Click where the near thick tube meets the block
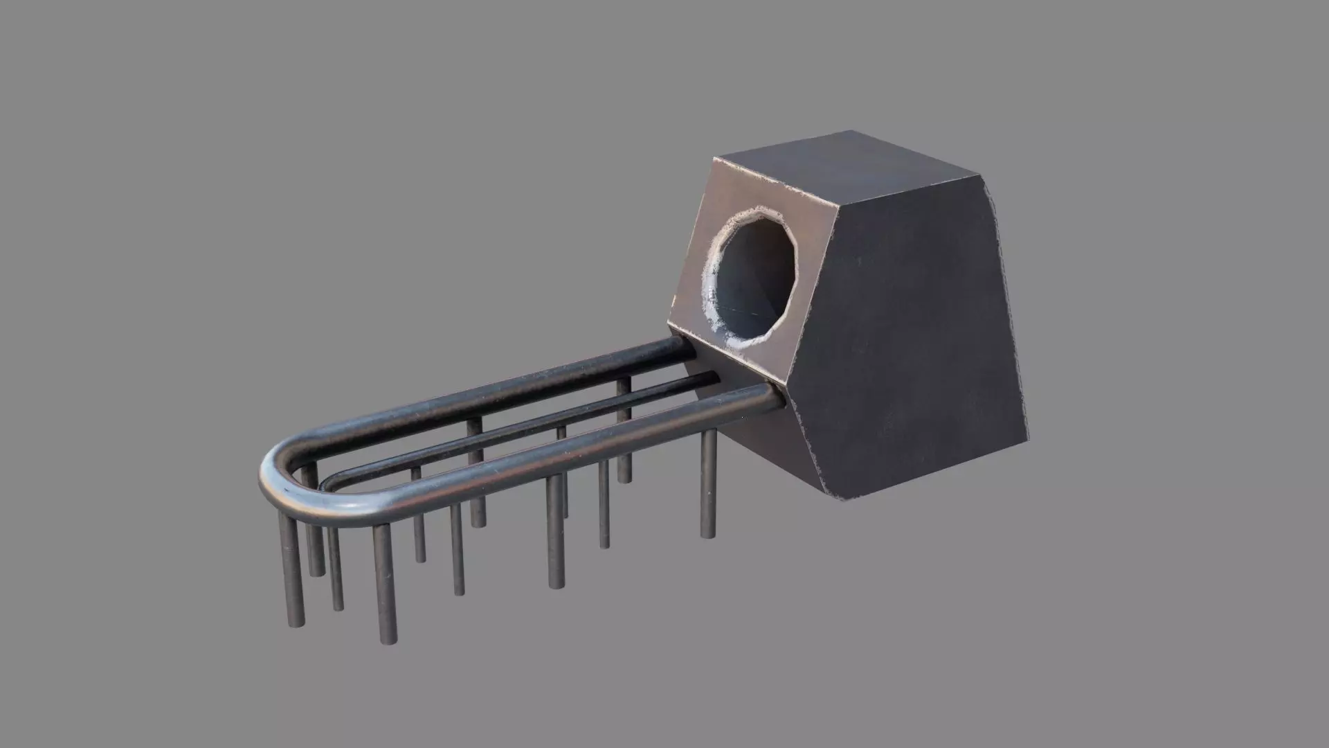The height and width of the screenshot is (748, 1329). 781,395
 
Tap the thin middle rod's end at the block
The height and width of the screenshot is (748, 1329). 713,377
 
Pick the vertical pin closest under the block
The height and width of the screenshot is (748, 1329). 707,485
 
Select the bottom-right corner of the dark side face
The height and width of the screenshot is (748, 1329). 1027,444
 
